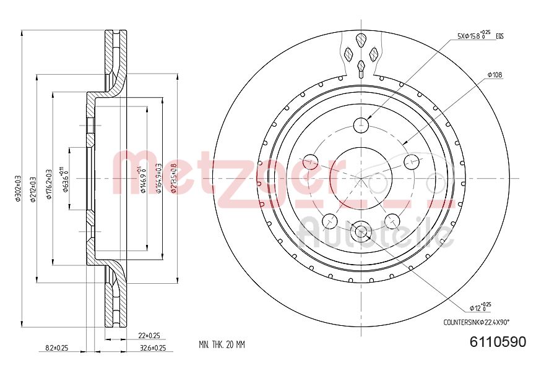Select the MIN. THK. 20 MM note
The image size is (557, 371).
(222, 344)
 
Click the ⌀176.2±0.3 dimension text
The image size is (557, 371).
(48, 184)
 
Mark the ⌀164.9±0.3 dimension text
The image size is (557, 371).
(158, 178)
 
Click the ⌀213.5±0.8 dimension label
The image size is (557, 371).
(175, 178)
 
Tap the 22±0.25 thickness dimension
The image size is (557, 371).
(149, 335)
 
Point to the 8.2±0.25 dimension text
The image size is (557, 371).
(56, 348)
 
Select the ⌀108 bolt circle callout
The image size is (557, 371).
(494, 75)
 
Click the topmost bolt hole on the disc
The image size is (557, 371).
(361, 126)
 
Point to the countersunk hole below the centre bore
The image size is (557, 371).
(361, 232)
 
